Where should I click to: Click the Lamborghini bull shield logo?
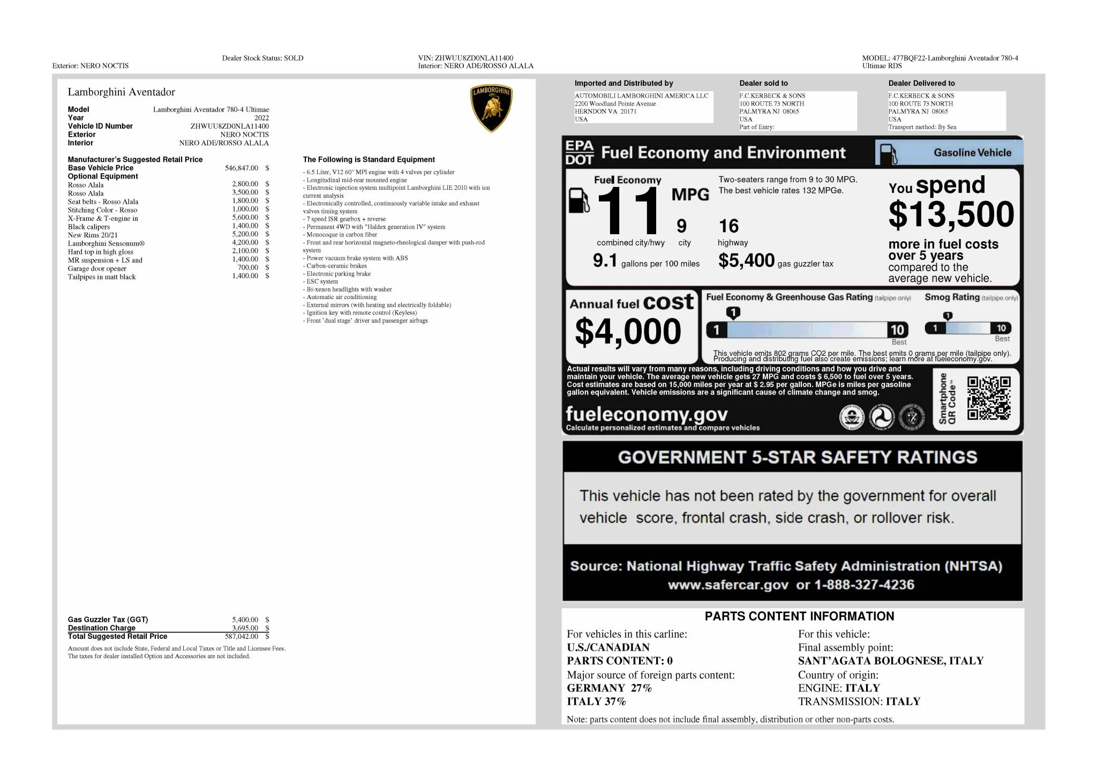point(491,108)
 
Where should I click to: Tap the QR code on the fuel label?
point(988,398)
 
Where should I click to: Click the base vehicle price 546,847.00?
point(241,168)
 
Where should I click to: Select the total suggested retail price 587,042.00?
point(241,637)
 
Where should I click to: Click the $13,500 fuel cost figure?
point(951,214)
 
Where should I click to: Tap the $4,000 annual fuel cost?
point(628,331)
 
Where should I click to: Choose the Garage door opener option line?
point(97,269)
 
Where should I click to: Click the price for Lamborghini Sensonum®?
point(245,242)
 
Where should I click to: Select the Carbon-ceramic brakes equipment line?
point(336,266)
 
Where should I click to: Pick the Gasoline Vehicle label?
point(972,153)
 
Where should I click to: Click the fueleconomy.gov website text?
point(647,414)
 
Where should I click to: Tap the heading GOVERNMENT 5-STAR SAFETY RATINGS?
point(797,457)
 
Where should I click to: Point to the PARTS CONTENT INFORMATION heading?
point(799,616)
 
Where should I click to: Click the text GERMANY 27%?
point(609,688)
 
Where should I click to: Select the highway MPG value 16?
point(728,226)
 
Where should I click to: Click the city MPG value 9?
point(681,226)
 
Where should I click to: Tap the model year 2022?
point(261,118)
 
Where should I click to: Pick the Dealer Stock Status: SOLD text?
point(262,58)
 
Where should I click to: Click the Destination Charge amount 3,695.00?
point(245,628)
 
